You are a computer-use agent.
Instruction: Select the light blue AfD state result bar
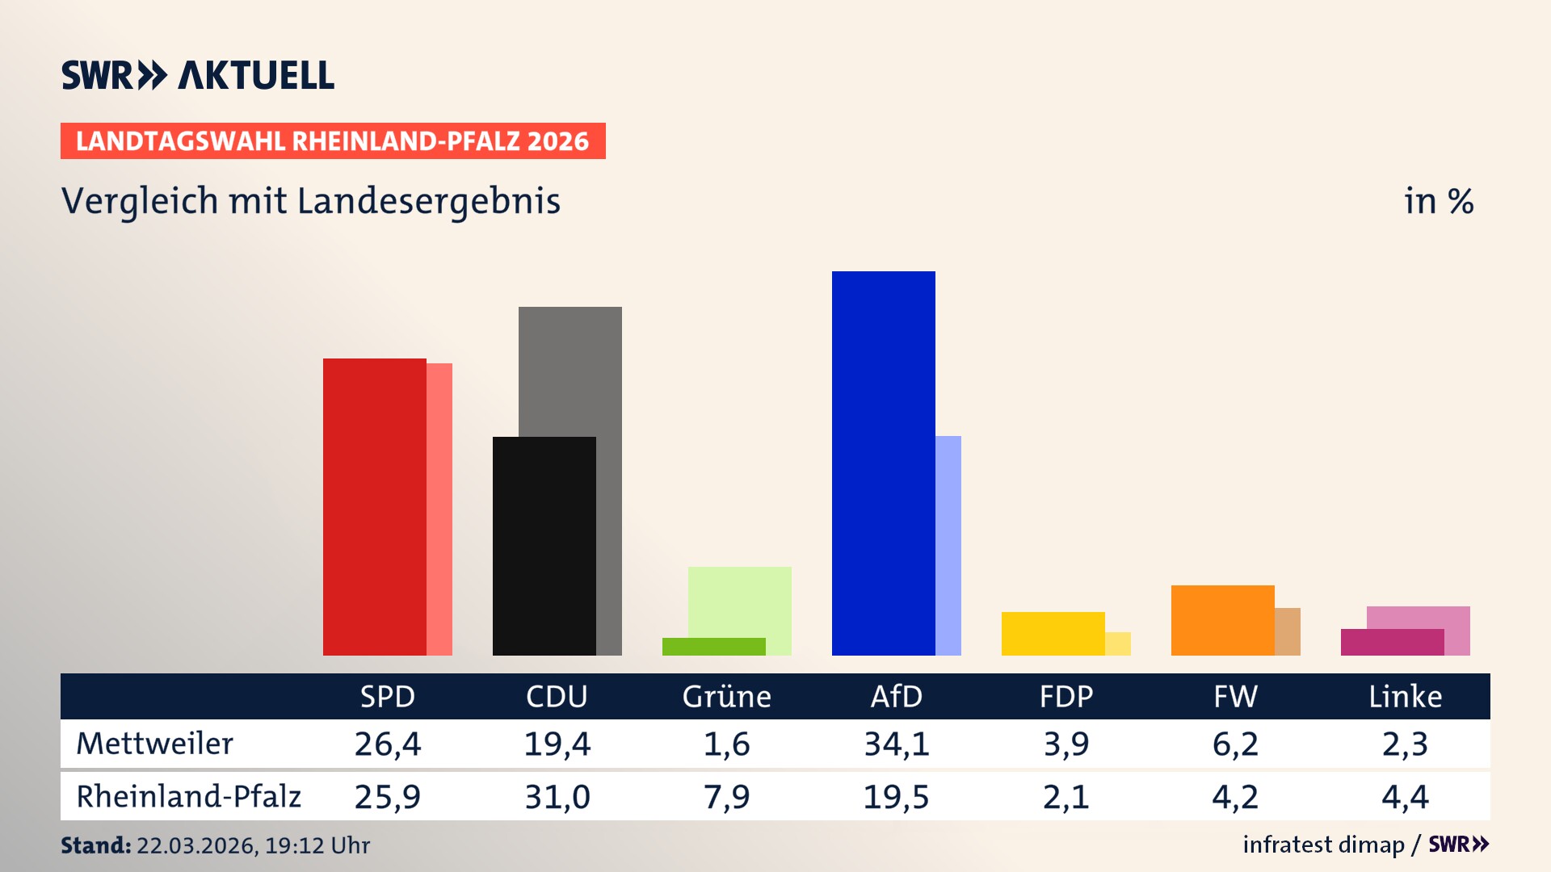point(948,545)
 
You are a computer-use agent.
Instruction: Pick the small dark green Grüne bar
point(713,646)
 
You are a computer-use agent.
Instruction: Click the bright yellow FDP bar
point(1053,633)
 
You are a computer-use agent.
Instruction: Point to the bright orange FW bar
point(1222,620)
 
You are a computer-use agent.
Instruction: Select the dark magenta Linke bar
point(1392,642)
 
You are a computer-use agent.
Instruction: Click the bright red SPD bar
point(374,506)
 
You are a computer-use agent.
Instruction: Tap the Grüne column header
point(726,696)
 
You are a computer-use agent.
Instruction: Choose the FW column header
point(1235,696)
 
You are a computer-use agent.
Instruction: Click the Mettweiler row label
point(154,744)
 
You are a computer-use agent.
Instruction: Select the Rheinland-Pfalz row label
point(188,796)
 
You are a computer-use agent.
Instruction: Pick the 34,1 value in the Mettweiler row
point(896,744)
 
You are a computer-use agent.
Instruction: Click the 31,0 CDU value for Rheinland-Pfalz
point(557,797)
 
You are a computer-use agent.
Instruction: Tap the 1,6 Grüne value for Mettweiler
point(726,744)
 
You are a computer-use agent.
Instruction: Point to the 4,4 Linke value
point(1405,797)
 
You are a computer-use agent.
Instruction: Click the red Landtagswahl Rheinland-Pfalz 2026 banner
point(332,140)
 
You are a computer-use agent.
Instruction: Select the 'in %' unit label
point(1438,201)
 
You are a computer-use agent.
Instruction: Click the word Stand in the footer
point(95,845)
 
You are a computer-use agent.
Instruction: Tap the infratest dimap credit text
point(1322,845)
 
